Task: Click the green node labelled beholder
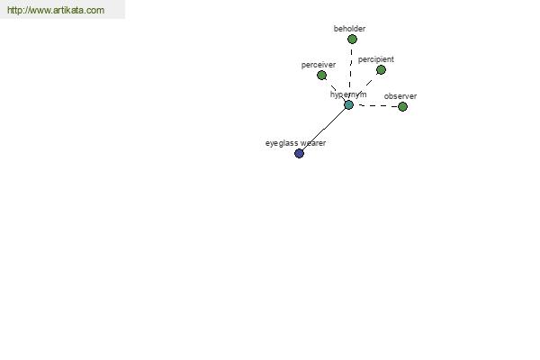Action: click(x=352, y=40)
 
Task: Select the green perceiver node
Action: click(x=321, y=75)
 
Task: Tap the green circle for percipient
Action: click(x=381, y=70)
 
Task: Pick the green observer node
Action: click(x=402, y=107)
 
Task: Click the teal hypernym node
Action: click(x=348, y=105)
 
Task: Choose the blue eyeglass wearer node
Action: click(x=300, y=153)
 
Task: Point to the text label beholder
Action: click(x=349, y=29)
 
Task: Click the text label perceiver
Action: click(x=319, y=65)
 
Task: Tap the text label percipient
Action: click(x=375, y=59)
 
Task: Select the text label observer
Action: click(x=400, y=96)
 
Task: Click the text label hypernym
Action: click(x=348, y=94)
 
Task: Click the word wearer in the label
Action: click(x=313, y=143)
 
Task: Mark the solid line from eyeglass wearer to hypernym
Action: click(x=324, y=130)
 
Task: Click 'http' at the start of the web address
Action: click(x=14, y=10)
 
